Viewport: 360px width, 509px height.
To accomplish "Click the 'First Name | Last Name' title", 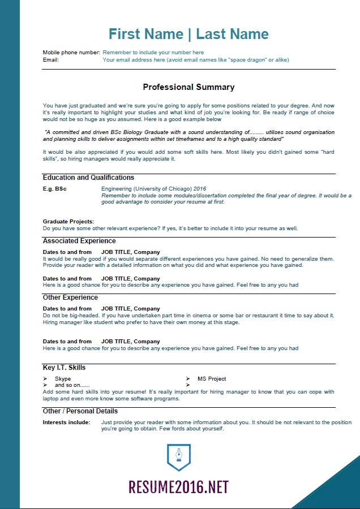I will tap(188, 34).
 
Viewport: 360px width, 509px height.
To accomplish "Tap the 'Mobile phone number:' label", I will tap(71, 52).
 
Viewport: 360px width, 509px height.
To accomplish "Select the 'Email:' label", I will tap(50, 59).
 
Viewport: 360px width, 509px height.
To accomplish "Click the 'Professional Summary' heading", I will tap(188, 87).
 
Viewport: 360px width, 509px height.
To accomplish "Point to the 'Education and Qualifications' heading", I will tap(88, 178).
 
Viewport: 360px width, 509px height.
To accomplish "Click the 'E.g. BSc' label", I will tap(55, 189).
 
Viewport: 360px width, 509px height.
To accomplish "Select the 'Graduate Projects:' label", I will tap(68, 222).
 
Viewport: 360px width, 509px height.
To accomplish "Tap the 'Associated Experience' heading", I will tap(79, 241).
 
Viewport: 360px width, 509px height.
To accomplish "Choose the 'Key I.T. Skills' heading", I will tap(65, 368).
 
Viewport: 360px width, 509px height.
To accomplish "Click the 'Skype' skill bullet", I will tap(63, 379).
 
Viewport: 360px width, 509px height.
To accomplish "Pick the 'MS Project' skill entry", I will tap(212, 379).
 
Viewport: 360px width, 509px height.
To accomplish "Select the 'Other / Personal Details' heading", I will tap(80, 411).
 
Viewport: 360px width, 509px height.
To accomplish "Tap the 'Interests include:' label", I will tap(67, 422).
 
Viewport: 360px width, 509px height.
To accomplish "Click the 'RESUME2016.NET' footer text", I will tap(179, 487).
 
